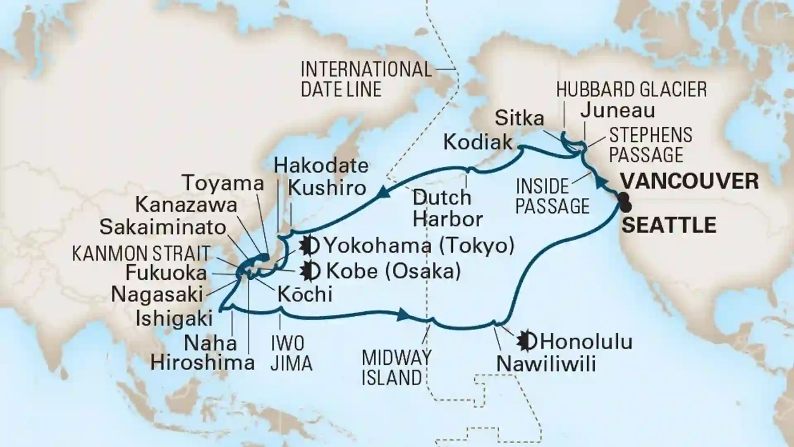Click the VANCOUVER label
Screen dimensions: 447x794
point(690,181)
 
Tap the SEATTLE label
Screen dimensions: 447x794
point(669,226)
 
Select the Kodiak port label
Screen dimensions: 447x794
point(478,142)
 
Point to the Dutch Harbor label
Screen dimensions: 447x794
point(447,209)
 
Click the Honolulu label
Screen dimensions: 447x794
point(586,342)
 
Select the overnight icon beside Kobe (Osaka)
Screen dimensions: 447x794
point(311,272)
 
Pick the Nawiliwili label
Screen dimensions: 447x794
point(546,364)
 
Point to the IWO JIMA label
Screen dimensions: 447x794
point(291,354)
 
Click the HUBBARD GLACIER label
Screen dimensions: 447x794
point(631,89)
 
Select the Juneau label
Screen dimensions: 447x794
point(617,110)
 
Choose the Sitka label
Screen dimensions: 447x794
point(519,118)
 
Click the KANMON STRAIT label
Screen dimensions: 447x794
point(141,253)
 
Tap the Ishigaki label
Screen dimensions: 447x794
point(174,319)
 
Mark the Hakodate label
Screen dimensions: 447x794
point(321,166)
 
